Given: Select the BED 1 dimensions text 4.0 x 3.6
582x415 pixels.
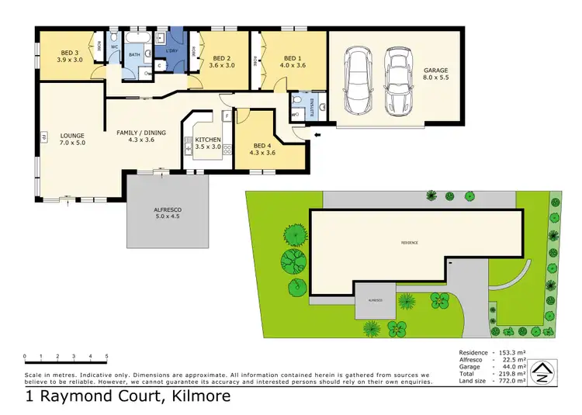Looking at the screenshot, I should point(292,66).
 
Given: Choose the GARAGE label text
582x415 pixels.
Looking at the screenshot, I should point(435,71).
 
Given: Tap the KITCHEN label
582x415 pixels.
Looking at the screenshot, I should point(207,140).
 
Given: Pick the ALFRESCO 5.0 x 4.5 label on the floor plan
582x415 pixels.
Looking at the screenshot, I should point(168,210).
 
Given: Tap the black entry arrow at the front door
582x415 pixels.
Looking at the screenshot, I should point(317,134).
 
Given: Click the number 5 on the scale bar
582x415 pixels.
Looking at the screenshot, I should point(106,356).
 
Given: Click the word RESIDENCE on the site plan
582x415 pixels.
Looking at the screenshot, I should point(409,243).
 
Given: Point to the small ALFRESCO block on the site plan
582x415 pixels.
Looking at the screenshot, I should point(372,302).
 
